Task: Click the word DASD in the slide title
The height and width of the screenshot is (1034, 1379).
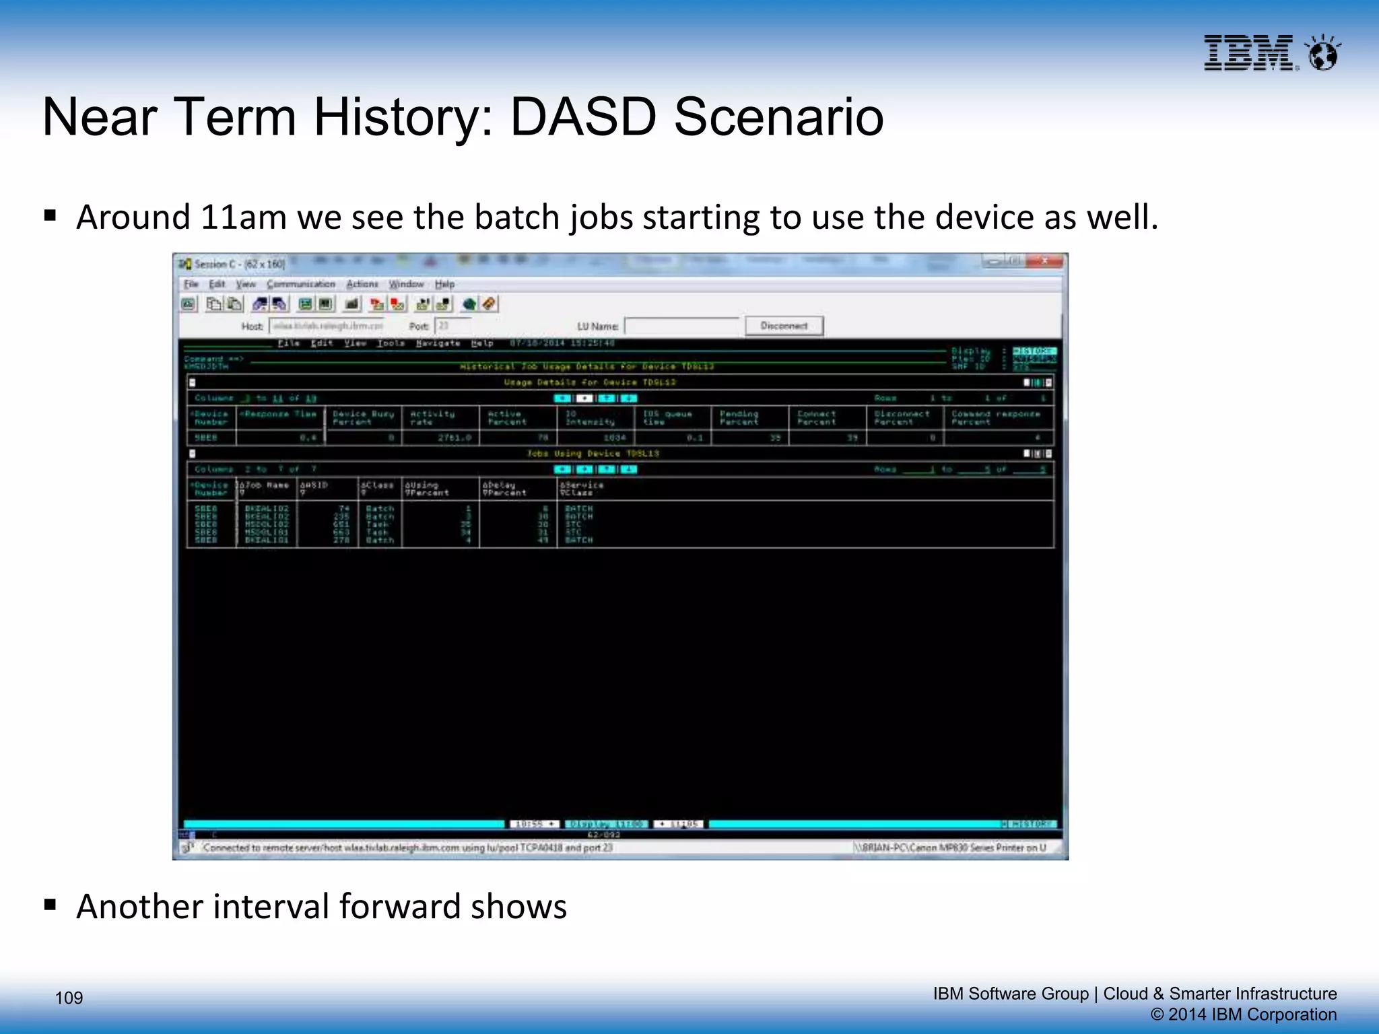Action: pyautogui.click(x=583, y=117)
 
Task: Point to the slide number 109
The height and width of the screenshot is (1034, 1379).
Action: pyautogui.click(x=69, y=998)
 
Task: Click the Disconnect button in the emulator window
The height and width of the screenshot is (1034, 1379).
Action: pyautogui.click(x=784, y=326)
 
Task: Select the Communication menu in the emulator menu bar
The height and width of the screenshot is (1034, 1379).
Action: pyautogui.click(x=300, y=284)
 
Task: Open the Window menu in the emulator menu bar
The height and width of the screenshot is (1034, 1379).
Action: pyautogui.click(x=406, y=284)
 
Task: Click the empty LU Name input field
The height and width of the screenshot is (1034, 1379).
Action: pyautogui.click(x=681, y=326)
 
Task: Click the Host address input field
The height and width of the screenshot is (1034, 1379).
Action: pyautogui.click(x=328, y=326)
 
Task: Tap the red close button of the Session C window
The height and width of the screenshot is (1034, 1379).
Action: pyautogui.click(x=1044, y=261)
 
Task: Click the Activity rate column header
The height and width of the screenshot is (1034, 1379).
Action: pyautogui.click(x=432, y=418)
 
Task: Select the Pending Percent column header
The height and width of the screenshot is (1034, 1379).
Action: pyautogui.click(x=739, y=418)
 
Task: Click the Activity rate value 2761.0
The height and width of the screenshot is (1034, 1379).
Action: pyautogui.click(x=455, y=438)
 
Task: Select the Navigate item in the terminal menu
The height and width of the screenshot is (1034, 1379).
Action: pyautogui.click(x=438, y=343)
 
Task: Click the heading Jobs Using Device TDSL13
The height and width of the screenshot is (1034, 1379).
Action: pyautogui.click(x=593, y=454)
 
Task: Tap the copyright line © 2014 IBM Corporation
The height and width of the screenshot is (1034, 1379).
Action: pyautogui.click(x=1243, y=1014)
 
